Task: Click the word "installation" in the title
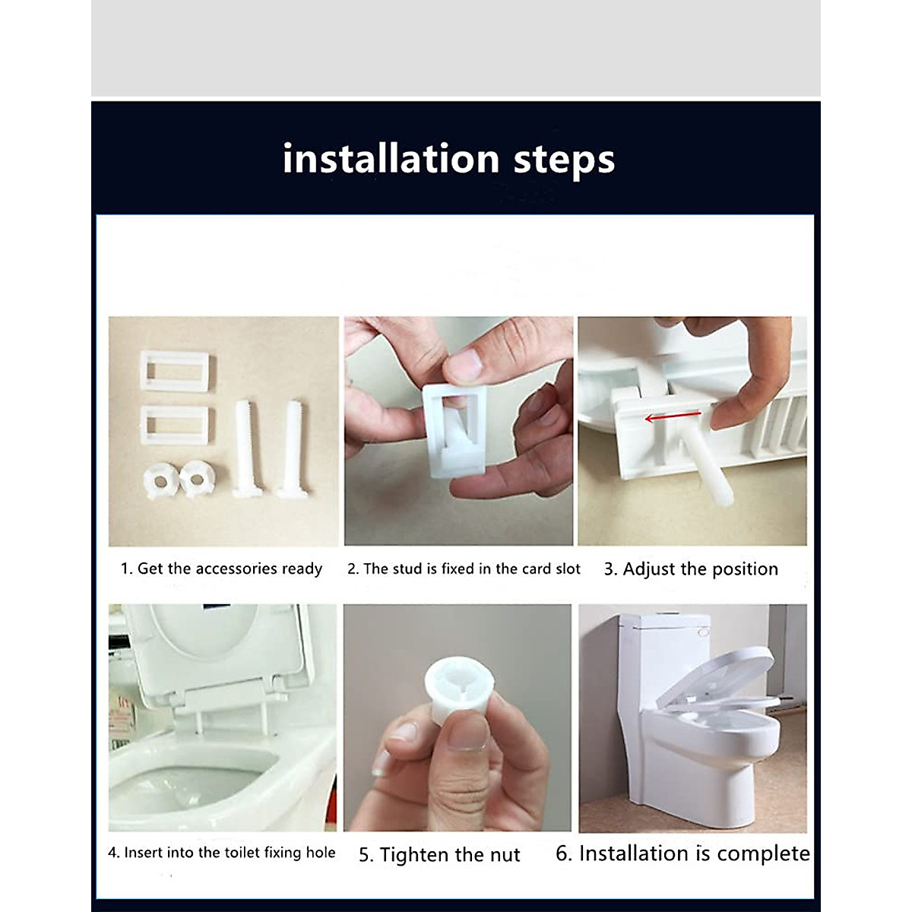click(x=391, y=159)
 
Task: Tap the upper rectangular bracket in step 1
click(x=175, y=371)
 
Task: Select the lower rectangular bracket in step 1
click(x=175, y=425)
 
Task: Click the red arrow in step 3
click(x=673, y=417)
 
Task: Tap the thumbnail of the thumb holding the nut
click(x=467, y=732)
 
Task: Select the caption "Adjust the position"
click(x=701, y=569)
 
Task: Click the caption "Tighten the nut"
click(x=450, y=855)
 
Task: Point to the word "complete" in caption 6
click(x=763, y=854)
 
